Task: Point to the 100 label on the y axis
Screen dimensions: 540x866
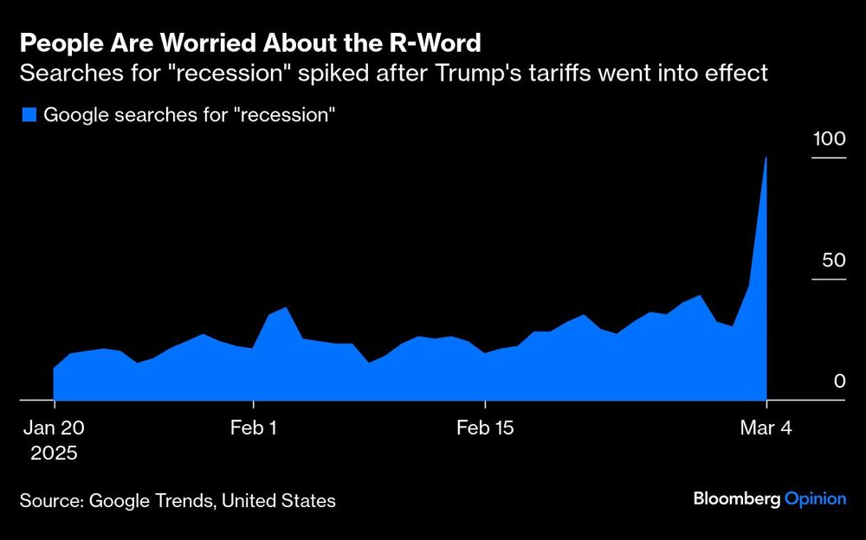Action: point(828,139)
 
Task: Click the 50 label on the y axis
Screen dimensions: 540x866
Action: point(832,260)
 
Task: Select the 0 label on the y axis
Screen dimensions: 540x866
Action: point(839,382)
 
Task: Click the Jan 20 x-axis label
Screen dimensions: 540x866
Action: point(54,428)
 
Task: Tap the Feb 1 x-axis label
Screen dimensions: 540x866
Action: point(254,428)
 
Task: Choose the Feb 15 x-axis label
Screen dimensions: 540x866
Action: point(485,428)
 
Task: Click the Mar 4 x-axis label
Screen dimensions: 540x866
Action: point(767,428)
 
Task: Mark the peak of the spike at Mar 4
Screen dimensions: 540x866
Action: point(766,158)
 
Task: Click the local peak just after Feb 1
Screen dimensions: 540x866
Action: point(286,308)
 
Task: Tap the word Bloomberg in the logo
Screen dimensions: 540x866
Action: point(736,498)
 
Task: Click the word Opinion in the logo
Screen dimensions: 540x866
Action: point(816,498)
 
